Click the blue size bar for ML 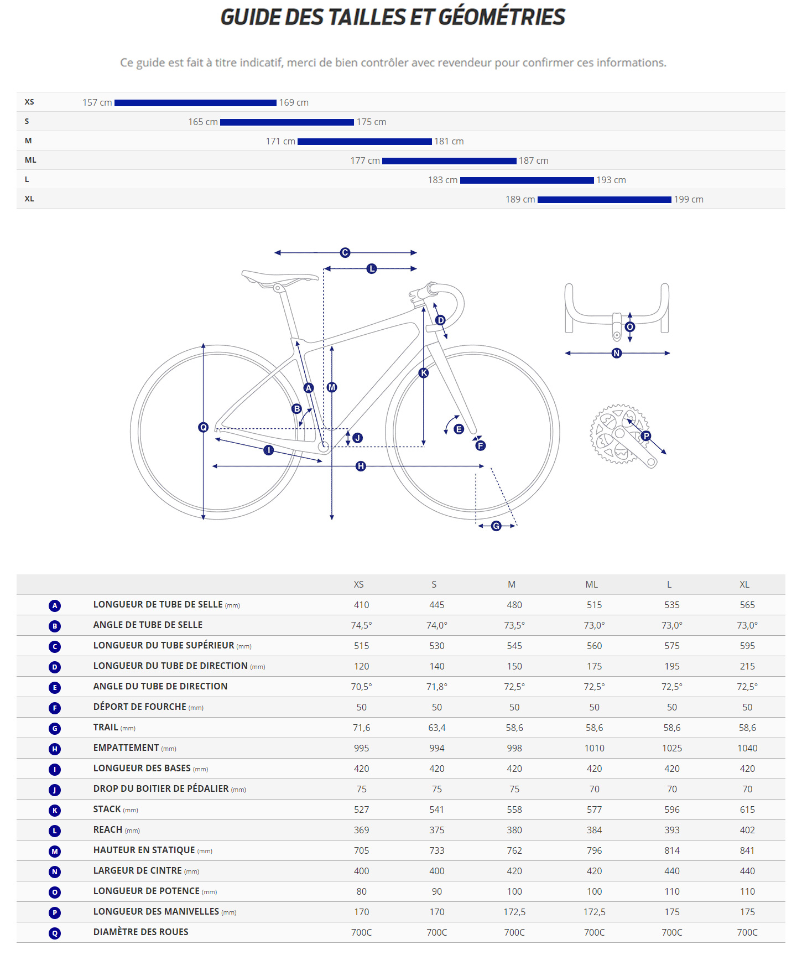449,161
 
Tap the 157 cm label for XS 97,103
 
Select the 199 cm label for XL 689,200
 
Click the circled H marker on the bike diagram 361,466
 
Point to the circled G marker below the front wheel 496,526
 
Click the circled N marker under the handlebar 617,354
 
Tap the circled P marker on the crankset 646,436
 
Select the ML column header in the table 591,585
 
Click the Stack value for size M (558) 514,810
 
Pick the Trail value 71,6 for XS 361,728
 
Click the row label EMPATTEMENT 126,748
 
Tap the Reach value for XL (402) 747,831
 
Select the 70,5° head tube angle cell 361,687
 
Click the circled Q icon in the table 55,933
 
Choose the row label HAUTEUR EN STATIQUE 144,850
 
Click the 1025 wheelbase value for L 672,749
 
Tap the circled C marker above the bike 345,253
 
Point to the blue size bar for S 287,122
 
